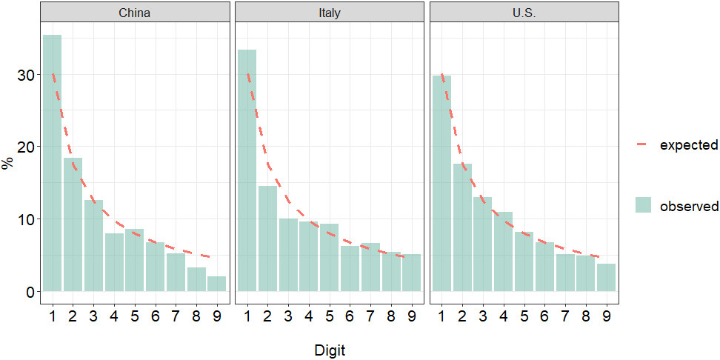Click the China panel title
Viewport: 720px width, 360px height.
134,13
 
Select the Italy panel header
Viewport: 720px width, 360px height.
329,13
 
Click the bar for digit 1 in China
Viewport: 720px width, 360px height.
53,163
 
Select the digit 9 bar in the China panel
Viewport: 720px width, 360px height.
216,284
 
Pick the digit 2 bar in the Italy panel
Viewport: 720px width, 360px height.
267,239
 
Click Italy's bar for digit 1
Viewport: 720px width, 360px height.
247,170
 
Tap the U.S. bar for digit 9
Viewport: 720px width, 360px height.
606,278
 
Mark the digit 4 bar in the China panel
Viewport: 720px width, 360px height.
114,262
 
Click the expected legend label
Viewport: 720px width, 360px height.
689,145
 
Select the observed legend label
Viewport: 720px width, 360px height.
689,206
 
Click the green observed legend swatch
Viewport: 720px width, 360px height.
643,206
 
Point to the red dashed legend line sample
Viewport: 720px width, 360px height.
643,145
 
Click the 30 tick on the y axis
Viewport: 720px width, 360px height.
26,75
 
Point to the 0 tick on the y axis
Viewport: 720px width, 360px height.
30,292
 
